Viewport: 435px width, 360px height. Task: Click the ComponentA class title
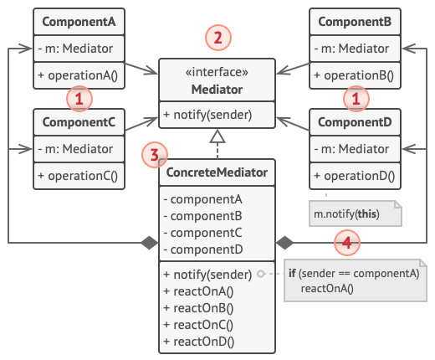click(79, 22)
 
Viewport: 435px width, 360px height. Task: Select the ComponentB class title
click(355, 22)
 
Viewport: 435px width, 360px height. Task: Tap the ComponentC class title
click(79, 122)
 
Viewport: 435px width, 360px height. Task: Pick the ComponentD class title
click(355, 122)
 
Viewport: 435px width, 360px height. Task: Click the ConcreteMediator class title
click(217, 172)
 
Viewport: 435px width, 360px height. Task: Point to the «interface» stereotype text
click(217, 72)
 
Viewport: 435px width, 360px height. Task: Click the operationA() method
click(78, 75)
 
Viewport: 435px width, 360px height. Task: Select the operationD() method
click(354, 176)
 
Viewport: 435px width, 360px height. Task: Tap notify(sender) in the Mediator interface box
click(207, 115)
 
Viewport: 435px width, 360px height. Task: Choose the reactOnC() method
click(198, 325)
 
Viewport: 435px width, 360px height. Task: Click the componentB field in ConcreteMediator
click(203, 216)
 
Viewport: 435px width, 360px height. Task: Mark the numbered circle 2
click(218, 38)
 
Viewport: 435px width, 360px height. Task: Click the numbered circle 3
click(155, 155)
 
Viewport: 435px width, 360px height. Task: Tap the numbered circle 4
click(347, 243)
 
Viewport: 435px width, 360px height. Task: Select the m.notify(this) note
click(356, 213)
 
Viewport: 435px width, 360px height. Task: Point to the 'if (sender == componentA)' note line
click(354, 274)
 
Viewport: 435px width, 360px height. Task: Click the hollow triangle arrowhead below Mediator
click(217, 136)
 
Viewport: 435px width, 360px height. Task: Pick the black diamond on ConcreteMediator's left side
click(150, 243)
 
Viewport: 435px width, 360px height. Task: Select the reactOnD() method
click(199, 342)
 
